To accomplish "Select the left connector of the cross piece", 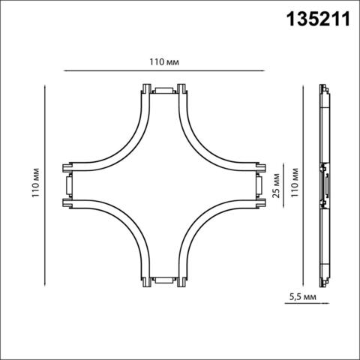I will click(x=67, y=186).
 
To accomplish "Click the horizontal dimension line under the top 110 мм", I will click(x=163, y=71).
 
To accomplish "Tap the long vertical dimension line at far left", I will click(x=47, y=186).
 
